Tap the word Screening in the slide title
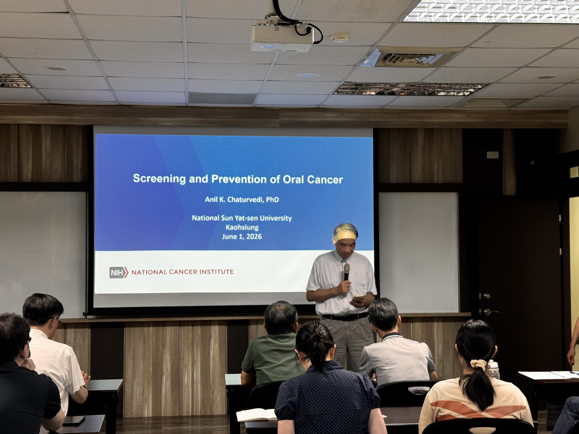(159, 179)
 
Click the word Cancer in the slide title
(325, 180)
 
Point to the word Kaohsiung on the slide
(242, 227)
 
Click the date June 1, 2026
(242, 237)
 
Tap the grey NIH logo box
(117, 272)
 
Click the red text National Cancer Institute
(182, 272)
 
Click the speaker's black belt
(345, 317)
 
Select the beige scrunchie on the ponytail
(479, 364)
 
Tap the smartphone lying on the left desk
(74, 420)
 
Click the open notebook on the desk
(256, 415)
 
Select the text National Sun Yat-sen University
(242, 218)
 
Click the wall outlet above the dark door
(493, 155)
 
